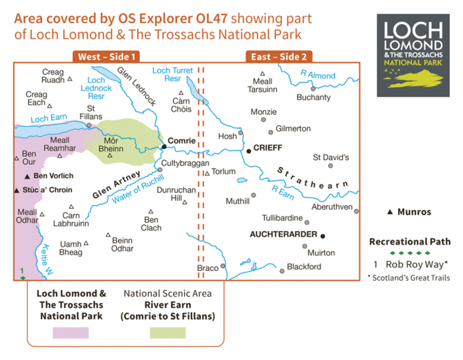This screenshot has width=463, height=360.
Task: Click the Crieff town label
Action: point(268,148)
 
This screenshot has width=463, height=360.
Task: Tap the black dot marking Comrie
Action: point(164,146)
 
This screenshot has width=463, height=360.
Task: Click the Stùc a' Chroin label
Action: point(48,189)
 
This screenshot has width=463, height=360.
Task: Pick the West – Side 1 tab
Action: point(106,57)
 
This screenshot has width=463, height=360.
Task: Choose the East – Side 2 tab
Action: point(278,57)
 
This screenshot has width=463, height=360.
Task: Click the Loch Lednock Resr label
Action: point(95,88)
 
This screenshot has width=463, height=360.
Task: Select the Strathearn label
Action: point(313,179)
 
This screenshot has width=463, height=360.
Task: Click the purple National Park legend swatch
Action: point(71,332)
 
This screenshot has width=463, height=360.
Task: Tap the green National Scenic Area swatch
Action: point(167,332)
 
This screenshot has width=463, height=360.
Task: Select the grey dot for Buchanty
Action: point(313,89)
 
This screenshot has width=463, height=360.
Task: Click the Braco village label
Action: point(208,268)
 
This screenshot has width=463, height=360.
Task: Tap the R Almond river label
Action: point(317,75)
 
